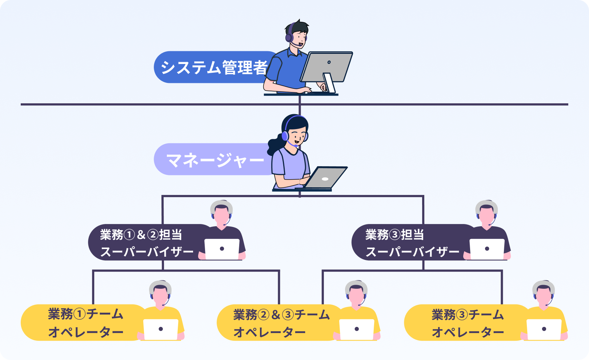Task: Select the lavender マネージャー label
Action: [215, 160]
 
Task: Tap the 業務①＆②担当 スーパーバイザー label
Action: [145, 243]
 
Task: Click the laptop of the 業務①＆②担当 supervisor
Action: [222, 249]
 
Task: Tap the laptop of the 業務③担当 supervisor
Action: [487, 249]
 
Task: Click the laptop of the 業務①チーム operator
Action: [161, 329]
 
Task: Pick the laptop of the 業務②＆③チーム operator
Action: [356, 329]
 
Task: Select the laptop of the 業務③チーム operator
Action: [544, 329]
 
